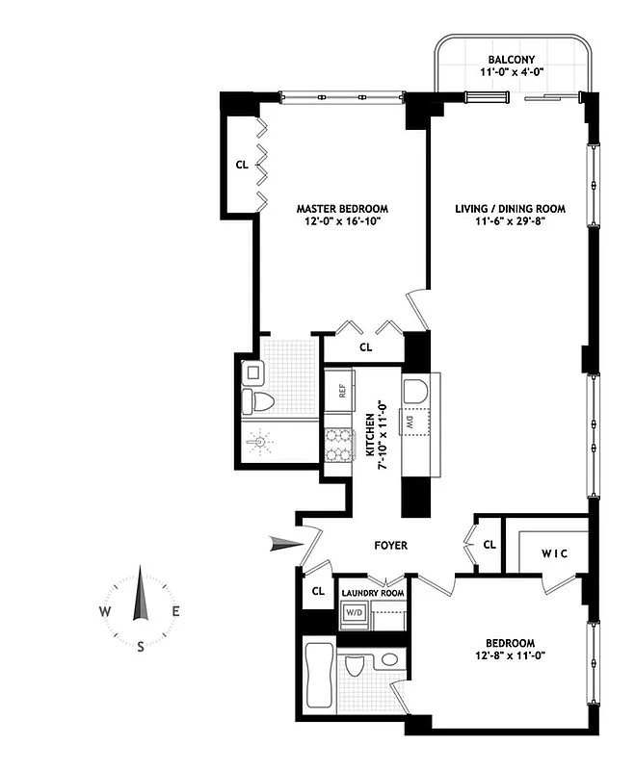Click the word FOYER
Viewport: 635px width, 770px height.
[x=390, y=546]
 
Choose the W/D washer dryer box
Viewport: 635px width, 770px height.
[x=354, y=613]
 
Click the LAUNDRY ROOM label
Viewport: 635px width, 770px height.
[x=371, y=593]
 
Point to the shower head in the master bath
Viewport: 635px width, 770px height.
[x=258, y=444]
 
